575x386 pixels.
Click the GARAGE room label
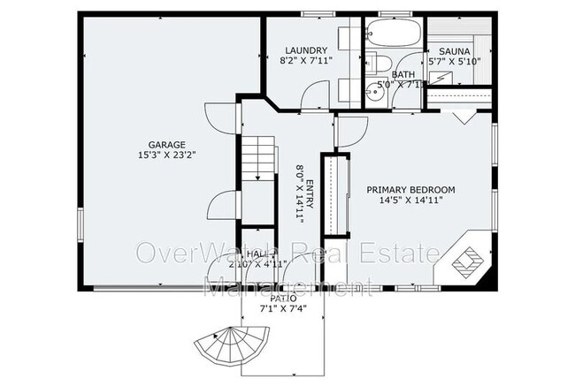tap(166, 143)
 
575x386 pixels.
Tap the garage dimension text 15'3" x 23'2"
tap(166, 155)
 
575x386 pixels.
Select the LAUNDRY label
tap(307, 50)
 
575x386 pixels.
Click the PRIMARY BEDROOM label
tap(410, 190)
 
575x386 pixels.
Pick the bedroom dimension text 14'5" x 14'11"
tap(410, 201)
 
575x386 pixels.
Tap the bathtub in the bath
tap(394, 34)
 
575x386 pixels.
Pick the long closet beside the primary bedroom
tap(332, 194)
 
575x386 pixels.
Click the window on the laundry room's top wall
tap(314, 14)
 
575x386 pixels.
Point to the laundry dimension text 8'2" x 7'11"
tap(307, 62)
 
